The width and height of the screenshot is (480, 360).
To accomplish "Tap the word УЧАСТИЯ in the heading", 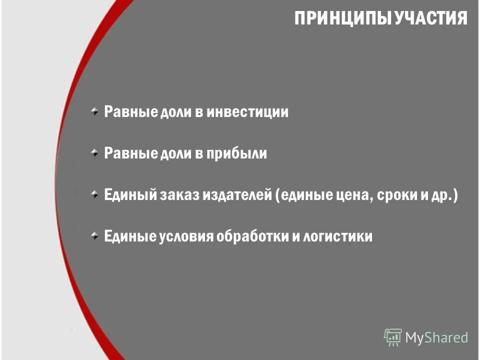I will click(x=431, y=19).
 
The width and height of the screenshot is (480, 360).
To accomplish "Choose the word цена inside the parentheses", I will click(x=350, y=195).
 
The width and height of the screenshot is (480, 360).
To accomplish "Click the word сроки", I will click(x=395, y=195).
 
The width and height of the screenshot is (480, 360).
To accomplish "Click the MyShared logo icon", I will click(x=393, y=337).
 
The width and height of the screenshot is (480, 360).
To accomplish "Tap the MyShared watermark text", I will click(x=436, y=337).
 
